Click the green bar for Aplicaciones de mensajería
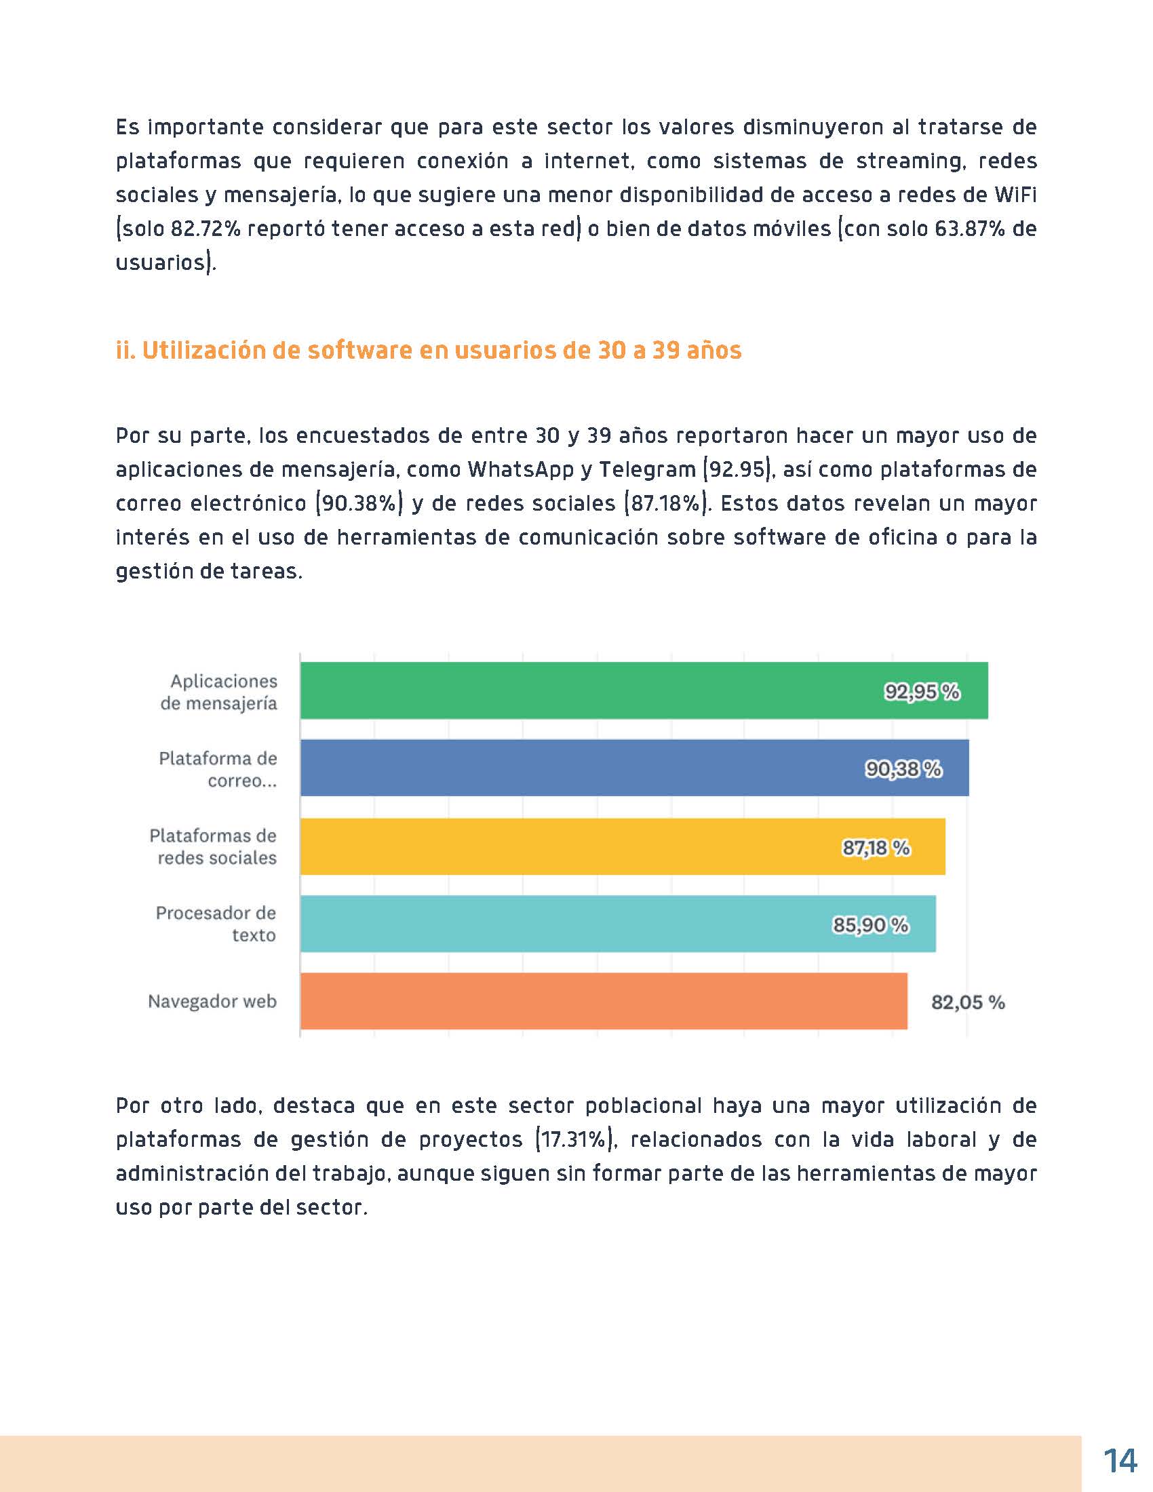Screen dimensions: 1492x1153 587,690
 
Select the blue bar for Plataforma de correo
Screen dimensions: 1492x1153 587,768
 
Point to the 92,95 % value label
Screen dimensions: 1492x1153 922,692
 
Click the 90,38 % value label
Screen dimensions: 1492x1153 903,770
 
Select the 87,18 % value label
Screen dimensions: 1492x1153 876,848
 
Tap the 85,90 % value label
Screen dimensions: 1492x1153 870,925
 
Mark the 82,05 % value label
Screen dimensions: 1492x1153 968,1002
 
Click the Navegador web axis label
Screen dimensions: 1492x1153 212,1002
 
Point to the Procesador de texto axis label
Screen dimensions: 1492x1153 216,924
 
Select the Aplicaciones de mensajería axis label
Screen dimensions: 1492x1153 218,691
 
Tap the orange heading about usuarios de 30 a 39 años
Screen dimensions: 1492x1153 428,351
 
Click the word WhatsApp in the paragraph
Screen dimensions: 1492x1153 520,469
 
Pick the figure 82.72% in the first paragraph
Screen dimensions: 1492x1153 205,228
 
